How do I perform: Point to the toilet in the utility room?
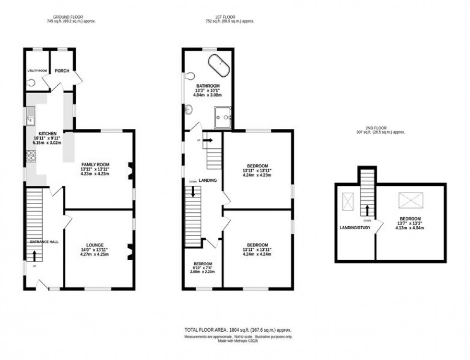pos(32,82)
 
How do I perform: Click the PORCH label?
pos(62,71)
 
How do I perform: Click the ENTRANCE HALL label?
pos(44,242)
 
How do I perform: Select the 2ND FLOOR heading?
pos(376,128)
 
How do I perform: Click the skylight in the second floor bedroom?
pos(411,199)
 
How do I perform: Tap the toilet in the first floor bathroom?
pos(190,75)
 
